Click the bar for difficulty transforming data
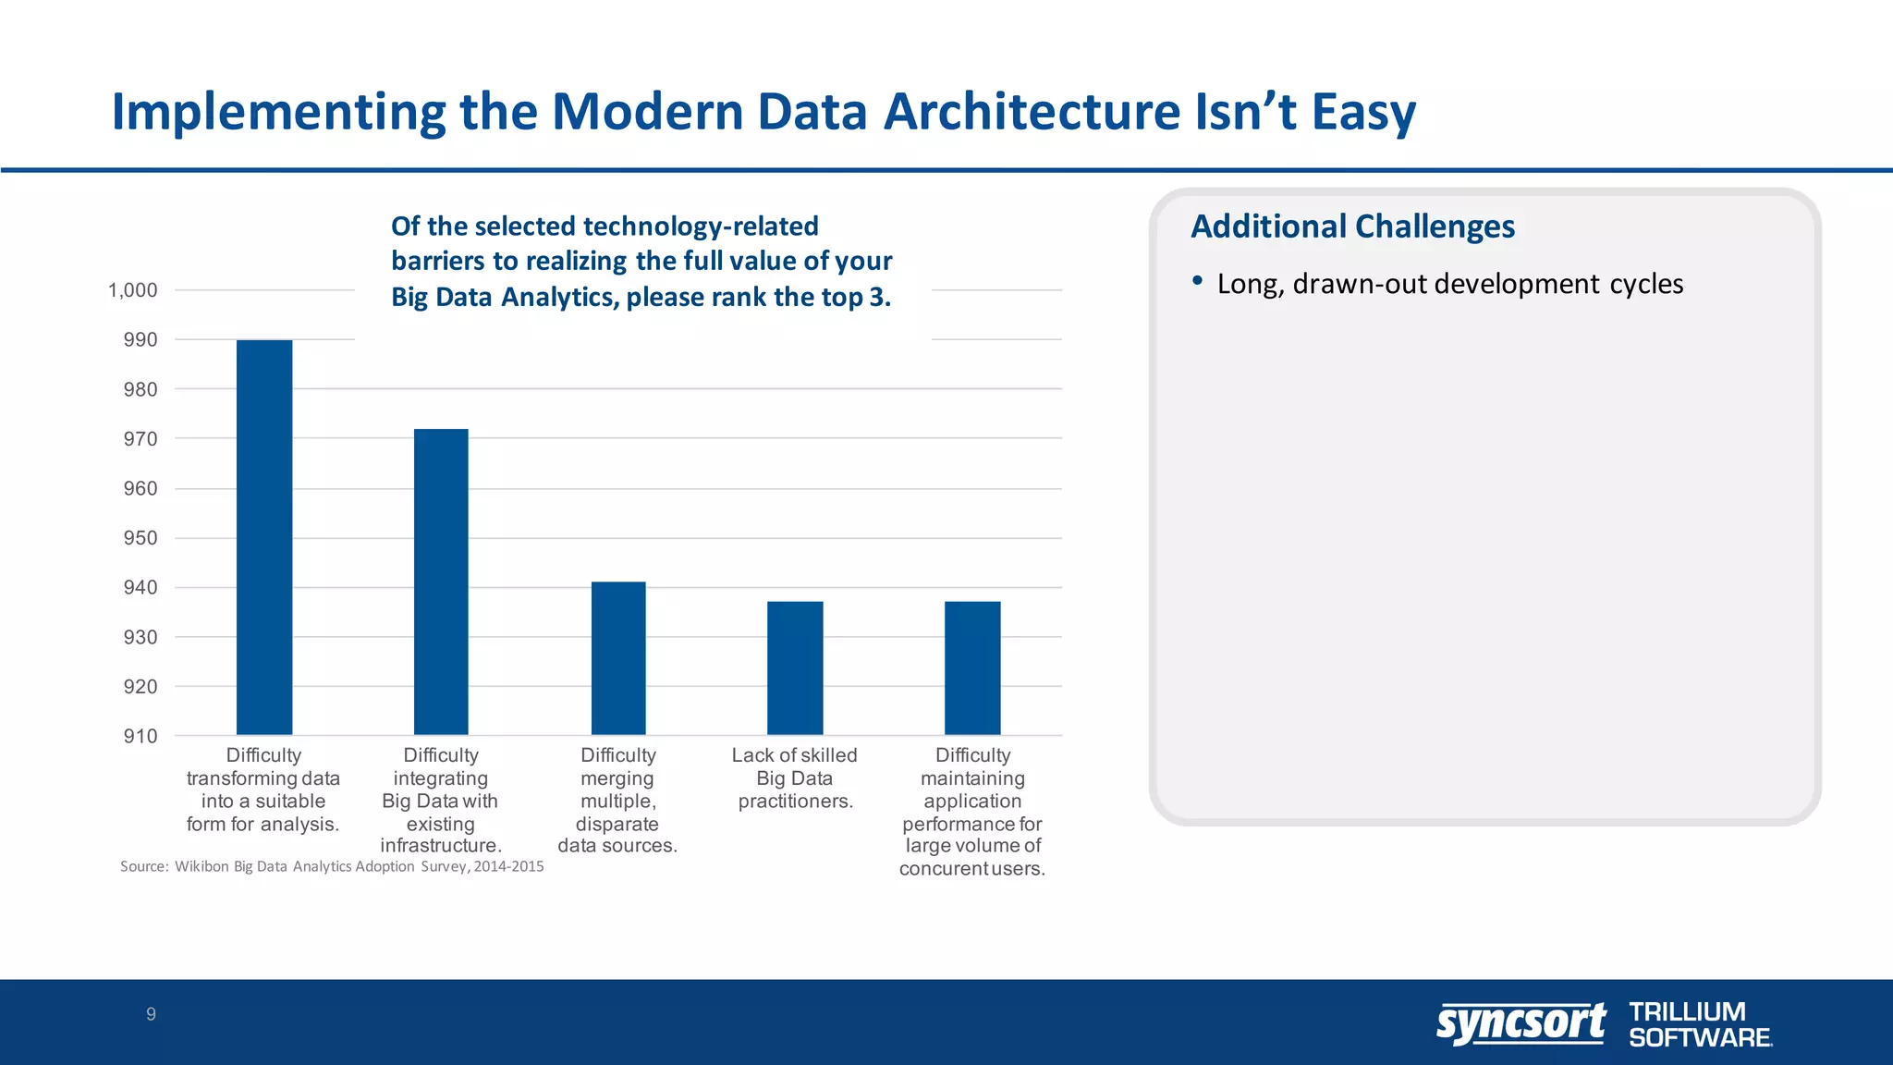pos(264,537)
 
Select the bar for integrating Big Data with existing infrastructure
pos(441,581)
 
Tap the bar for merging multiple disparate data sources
pos(618,658)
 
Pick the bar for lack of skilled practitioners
pos(795,667)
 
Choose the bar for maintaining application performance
pos(972,667)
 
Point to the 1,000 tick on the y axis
pos(133,290)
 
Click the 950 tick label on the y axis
pos(140,538)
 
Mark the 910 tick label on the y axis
pos(140,736)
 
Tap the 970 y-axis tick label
pos(140,439)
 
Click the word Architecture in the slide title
pos(1032,111)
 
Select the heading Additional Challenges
pos(1352,226)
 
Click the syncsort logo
pos(1521,1023)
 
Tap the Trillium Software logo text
pos(1699,1024)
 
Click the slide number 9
pos(151,1014)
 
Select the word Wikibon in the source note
pos(202,866)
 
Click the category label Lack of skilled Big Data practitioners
pos(795,778)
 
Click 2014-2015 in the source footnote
pos(508,866)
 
